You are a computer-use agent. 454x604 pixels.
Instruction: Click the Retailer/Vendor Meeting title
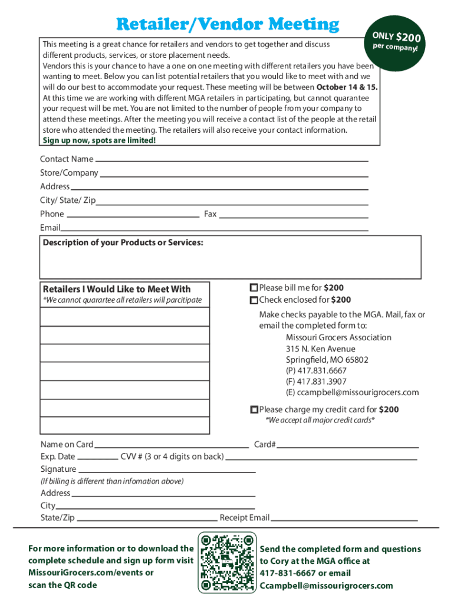point(228,24)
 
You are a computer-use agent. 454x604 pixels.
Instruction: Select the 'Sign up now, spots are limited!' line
point(100,140)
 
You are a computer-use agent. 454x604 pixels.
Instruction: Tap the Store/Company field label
point(69,173)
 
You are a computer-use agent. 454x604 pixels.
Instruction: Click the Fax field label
point(210,214)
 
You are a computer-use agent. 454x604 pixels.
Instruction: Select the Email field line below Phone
point(215,229)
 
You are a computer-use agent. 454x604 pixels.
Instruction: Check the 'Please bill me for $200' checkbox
point(254,288)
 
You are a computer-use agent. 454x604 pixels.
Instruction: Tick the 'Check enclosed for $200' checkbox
point(254,300)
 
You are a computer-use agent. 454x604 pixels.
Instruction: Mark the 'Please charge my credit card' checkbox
point(254,409)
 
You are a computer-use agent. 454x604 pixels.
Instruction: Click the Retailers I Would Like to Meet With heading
point(117,289)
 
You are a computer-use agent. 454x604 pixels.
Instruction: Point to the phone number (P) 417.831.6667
point(316,370)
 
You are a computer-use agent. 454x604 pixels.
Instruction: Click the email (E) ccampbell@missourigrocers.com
point(352,392)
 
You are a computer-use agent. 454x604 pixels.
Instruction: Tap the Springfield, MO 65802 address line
point(327,359)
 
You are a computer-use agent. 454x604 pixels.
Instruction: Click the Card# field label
point(265,444)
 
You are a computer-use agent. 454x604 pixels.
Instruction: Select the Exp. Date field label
point(58,457)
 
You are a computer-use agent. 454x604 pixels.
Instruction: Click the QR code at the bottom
point(228,562)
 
